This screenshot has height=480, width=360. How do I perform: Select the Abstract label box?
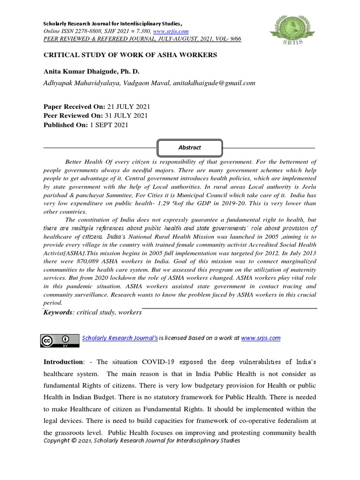tap(190, 147)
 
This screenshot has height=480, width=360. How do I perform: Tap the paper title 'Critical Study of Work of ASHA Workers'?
tap(130, 55)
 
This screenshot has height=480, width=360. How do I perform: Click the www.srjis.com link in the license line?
tap(261, 337)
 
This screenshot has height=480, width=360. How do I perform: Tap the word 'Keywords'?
tap(59, 312)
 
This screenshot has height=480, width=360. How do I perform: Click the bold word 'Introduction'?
tap(63, 362)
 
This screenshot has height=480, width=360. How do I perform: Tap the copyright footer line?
tap(142, 441)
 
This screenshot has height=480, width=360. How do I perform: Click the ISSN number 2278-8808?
tap(82, 31)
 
